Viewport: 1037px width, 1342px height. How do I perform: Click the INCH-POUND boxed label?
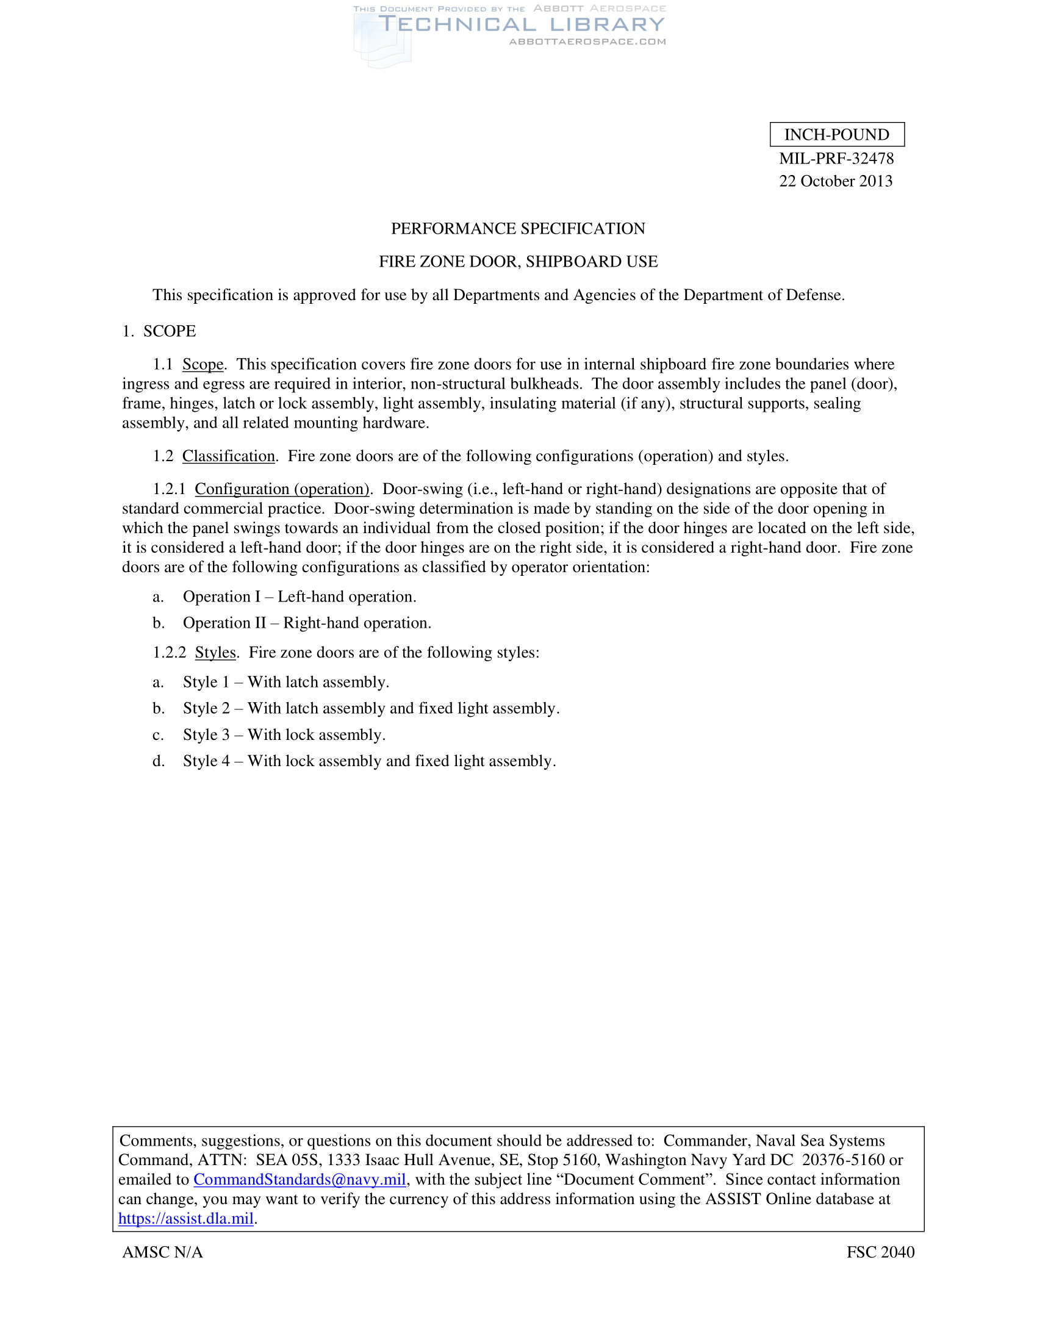(x=837, y=135)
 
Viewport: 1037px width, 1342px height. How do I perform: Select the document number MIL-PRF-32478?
(x=836, y=159)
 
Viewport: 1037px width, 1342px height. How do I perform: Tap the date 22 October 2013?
(x=836, y=181)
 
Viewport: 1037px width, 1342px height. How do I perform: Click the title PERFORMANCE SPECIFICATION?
(x=518, y=229)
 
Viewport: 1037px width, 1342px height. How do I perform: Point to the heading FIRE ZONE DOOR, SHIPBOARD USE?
(x=518, y=262)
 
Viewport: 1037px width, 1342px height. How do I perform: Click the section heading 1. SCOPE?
(x=159, y=331)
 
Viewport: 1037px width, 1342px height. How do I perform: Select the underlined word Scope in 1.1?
(x=203, y=364)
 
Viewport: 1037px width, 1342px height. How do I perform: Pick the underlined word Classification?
(x=229, y=456)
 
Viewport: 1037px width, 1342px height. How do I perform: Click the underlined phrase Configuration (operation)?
(x=282, y=489)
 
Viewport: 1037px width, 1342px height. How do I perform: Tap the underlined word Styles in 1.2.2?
(x=215, y=653)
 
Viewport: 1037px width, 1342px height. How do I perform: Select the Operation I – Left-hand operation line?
(x=299, y=597)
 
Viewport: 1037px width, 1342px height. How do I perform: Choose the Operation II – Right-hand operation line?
(x=307, y=623)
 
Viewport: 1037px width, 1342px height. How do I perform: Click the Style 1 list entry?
(x=285, y=682)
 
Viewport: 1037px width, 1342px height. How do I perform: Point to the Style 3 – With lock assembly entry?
(x=284, y=735)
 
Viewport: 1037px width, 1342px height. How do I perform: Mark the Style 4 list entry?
(x=368, y=761)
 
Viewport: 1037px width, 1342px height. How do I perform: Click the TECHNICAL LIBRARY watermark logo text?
(x=521, y=24)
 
